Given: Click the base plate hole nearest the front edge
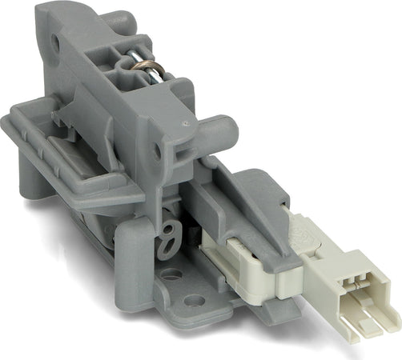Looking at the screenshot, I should coord(195,302).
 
